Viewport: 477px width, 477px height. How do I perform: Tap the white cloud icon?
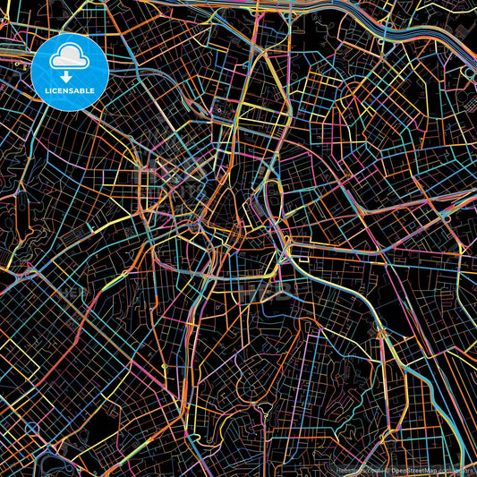(x=69, y=59)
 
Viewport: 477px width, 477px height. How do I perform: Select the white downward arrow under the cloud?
(x=69, y=75)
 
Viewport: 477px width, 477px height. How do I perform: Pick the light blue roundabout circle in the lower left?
(x=33, y=427)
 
